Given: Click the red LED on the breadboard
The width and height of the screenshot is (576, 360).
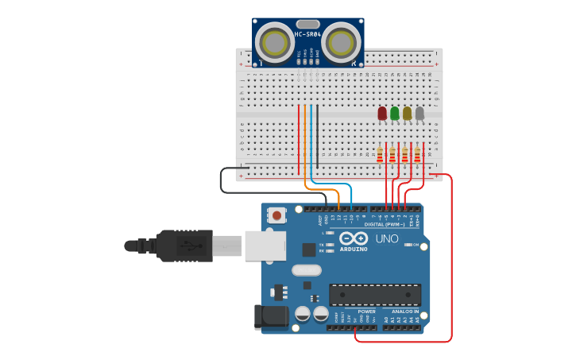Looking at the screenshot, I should (382, 114).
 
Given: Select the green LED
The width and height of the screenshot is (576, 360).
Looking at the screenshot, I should (395, 114).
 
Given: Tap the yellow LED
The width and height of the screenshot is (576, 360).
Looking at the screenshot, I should (408, 114).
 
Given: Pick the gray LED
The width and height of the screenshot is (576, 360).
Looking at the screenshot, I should (419, 114).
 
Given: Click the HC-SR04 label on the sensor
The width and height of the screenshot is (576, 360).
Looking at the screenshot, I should (307, 34).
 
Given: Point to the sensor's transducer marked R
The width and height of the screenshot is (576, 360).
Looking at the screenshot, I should (342, 41).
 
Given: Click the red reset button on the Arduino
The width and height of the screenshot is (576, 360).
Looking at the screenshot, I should (276, 215).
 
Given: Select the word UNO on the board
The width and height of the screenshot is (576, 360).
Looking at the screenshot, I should (387, 238).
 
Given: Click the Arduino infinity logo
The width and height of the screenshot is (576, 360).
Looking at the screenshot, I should (354, 238).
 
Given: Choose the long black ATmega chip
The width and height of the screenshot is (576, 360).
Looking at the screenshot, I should (375, 294).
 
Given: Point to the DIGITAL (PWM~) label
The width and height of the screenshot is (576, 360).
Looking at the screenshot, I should (385, 224).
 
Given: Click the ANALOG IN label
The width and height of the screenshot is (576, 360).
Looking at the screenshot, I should (405, 312).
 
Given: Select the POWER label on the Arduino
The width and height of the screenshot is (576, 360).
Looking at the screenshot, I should (366, 312).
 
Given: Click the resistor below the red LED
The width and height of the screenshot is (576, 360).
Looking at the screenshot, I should (380, 153).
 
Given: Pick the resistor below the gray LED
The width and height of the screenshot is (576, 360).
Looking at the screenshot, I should (417, 153).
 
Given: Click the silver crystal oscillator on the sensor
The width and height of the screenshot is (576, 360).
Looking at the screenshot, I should (308, 24).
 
